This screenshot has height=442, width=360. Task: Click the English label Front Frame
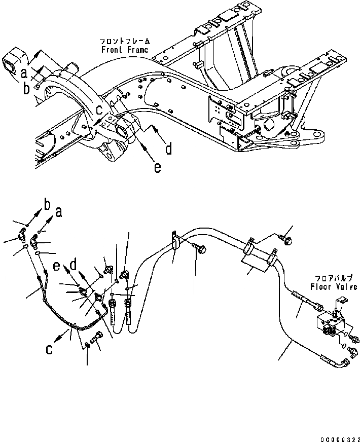click(x=124, y=50)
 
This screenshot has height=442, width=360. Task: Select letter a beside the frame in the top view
click(x=24, y=75)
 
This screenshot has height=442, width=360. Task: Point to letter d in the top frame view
click(x=168, y=149)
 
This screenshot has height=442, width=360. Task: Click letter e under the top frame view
click(x=158, y=167)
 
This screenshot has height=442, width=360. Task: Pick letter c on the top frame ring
click(x=100, y=109)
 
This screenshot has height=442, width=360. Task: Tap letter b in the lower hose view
click(x=47, y=205)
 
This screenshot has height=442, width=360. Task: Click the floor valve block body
click(x=327, y=324)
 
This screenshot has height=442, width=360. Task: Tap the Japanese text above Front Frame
click(x=124, y=42)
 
